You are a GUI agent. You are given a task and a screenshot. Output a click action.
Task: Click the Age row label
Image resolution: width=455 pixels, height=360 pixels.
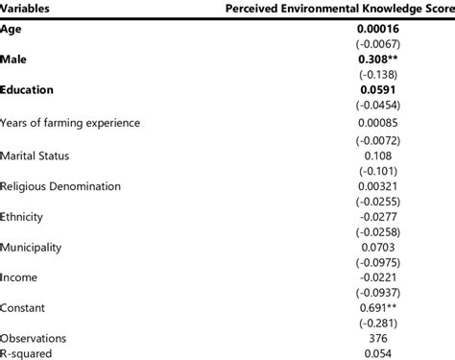pos(12,30)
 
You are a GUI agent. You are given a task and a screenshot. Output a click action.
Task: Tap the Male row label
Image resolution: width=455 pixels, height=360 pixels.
pos(14,60)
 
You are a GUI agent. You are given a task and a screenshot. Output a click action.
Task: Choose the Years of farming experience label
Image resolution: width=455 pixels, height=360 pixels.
pos(71,123)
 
